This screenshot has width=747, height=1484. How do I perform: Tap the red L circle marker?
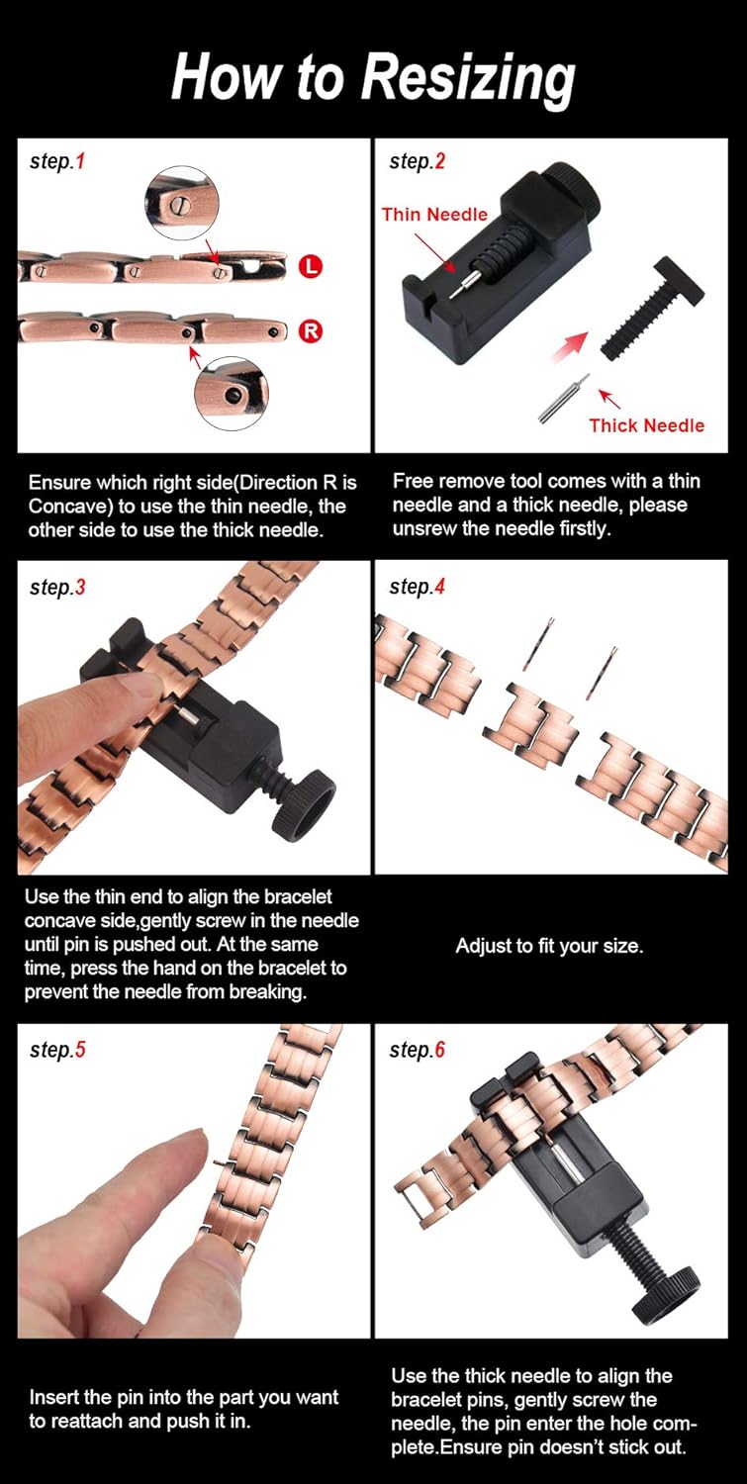[310, 266]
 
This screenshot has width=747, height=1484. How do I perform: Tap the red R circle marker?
[311, 331]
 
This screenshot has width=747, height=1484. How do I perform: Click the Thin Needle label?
[434, 214]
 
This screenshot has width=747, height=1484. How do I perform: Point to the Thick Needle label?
[646, 425]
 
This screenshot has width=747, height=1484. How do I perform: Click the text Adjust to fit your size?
[549, 946]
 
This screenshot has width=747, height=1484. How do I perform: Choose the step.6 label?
[417, 1050]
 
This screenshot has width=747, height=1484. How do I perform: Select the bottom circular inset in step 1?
[231, 393]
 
